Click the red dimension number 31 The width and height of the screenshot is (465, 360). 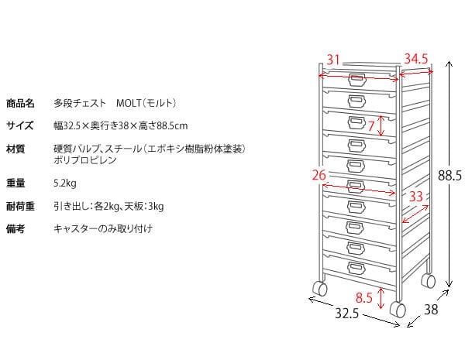(x=334, y=60)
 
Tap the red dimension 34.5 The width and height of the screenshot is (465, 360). (x=416, y=59)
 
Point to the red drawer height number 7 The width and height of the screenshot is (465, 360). (x=371, y=125)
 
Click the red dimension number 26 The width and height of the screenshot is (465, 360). (x=319, y=175)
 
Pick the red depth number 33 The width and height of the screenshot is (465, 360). (x=416, y=197)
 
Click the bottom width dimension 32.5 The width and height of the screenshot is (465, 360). (x=346, y=314)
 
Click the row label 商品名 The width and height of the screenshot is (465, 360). (x=21, y=102)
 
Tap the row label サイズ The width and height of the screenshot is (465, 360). (x=20, y=125)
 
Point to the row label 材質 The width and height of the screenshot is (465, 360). (x=15, y=149)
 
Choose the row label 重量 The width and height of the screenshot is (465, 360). (x=15, y=183)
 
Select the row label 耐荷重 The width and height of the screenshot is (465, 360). (x=20, y=207)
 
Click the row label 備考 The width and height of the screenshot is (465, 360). (x=15, y=229)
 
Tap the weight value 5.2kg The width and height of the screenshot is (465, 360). (x=65, y=183)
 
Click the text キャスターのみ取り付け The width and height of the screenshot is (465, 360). (x=103, y=229)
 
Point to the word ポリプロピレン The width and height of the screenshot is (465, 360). (x=85, y=160)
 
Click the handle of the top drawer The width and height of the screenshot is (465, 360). (x=356, y=79)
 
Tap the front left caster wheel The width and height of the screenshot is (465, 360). (x=319, y=289)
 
